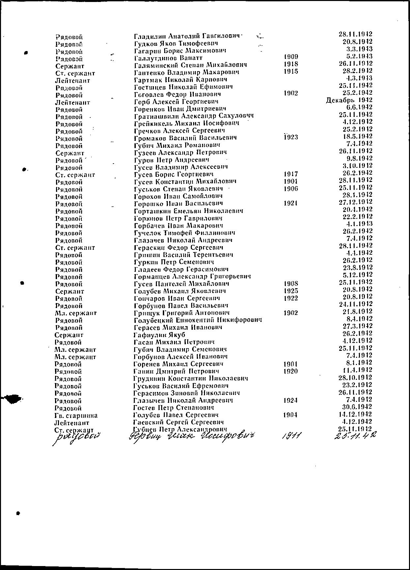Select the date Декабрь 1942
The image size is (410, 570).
pyautogui.click(x=349, y=100)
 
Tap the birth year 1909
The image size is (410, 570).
pyautogui.click(x=291, y=57)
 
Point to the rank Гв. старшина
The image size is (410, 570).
pyautogui.click(x=76, y=415)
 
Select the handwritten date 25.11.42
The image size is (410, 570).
pyautogui.click(x=355, y=436)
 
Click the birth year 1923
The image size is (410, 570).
pyautogui.click(x=291, y=137)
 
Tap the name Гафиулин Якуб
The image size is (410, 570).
pyautogui.click(x=160, y=335)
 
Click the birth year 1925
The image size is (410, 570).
pyautogui.click(x=291, y=291)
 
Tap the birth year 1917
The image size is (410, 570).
pyautogui.click(x=291, y=173)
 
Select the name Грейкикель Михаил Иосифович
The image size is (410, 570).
pyautogui.click(x=187, y=123)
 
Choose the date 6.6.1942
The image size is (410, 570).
pyautogui.click(x=359, y=107)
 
